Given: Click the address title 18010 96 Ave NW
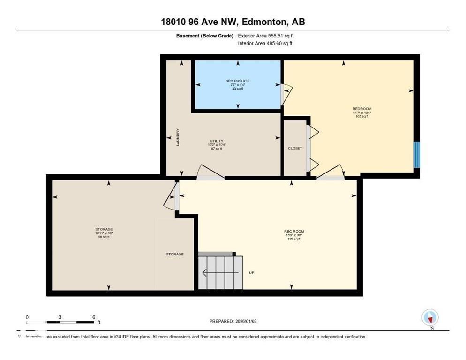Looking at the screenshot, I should (233, 22).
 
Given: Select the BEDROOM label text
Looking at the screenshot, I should (362, 109).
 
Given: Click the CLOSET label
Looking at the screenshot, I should (295, 148).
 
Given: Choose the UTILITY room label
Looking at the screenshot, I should (216, 141).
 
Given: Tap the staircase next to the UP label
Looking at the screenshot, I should (220, 272).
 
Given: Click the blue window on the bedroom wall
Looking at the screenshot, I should (416, 155).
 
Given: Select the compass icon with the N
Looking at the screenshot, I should (430, 318).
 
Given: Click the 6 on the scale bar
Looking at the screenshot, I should (94, 317).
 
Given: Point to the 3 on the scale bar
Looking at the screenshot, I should (60, 317).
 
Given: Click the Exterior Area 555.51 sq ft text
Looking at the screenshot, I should (266, 36).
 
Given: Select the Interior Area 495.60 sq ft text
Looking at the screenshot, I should (265, 44).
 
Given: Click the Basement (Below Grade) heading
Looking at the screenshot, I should (205, 36).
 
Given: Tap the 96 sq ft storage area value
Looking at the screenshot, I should (104, 237).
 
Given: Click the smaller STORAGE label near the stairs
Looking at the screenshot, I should (174, 254).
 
